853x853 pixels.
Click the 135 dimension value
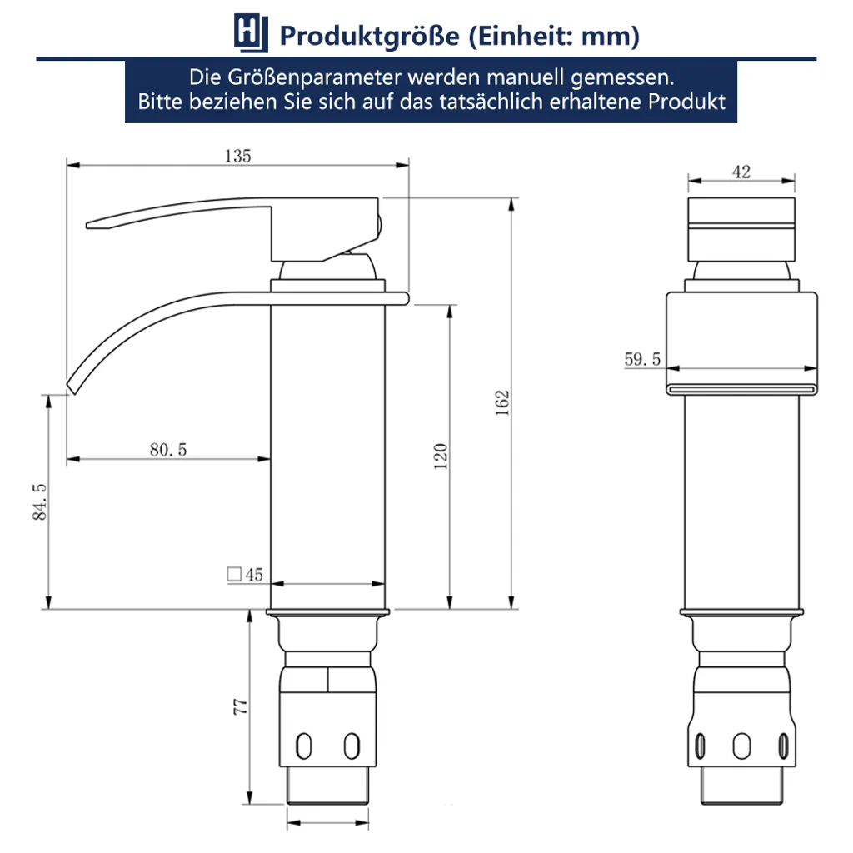click(237, 156)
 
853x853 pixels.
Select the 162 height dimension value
click(501, 402)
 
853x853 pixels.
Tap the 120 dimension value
click(441, 456)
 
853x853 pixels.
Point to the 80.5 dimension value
click(168, 449)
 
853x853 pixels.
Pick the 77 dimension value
click(240, 706)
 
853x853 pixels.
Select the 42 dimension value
click(741, 172)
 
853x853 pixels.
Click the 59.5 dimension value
click(642, 359)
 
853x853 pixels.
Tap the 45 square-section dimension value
click(254, 574)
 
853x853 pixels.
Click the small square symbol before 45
click(234, 574)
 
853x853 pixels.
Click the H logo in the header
click(250, 35)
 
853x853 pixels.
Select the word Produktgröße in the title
click(369, 36)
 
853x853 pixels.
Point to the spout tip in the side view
click(72, 384)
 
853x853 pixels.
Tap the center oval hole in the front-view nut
click(741, 744)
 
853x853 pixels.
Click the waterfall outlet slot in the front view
click(741, 387)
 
